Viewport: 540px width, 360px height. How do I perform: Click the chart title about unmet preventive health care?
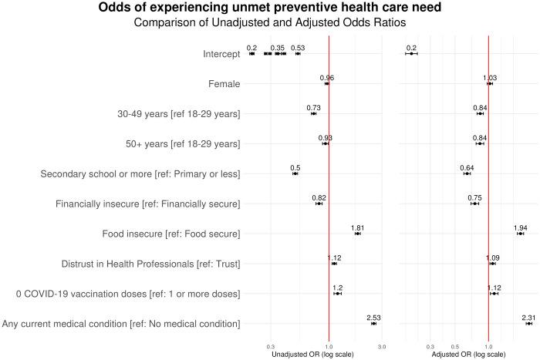[x=269, y=8]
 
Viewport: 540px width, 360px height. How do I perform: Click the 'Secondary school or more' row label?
[x=140, y=173]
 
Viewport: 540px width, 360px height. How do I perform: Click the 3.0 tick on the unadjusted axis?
[x=381, y=346]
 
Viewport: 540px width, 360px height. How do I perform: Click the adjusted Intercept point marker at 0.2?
[x=411, y=53]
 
